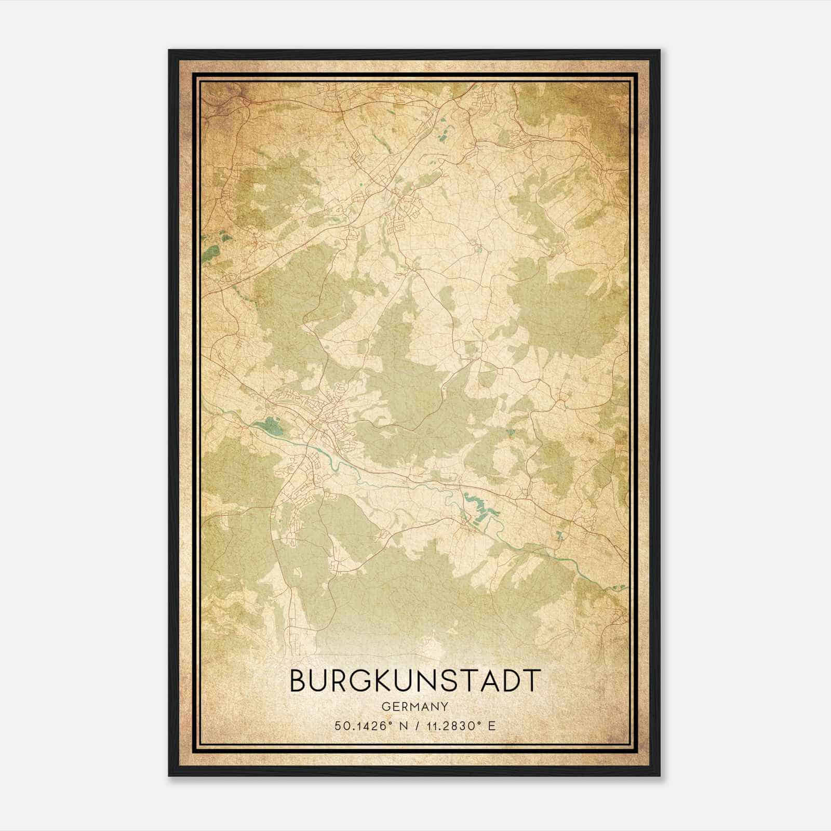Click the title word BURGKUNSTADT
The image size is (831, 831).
[415, 680]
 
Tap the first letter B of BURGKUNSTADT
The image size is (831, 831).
[298, 680]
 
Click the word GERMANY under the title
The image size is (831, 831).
[415, 707]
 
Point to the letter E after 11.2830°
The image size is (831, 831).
[492, 726]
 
